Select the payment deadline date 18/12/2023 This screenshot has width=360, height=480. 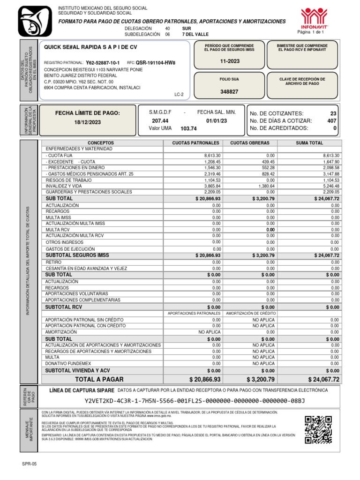click(88, 122)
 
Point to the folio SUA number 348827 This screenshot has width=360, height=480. click(229, 92)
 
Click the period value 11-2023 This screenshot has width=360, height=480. click(229, 62)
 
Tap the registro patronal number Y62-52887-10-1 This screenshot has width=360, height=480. click(103, 63)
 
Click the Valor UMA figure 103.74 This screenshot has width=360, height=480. click(188, 128)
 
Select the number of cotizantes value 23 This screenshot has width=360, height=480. click(333, 113)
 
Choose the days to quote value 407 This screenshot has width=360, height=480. click(332, 121)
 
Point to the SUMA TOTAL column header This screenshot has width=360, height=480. click(309, 142)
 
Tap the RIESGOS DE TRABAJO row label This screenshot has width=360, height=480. click(68, 180)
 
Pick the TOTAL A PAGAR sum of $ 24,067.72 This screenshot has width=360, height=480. click(323, 379)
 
